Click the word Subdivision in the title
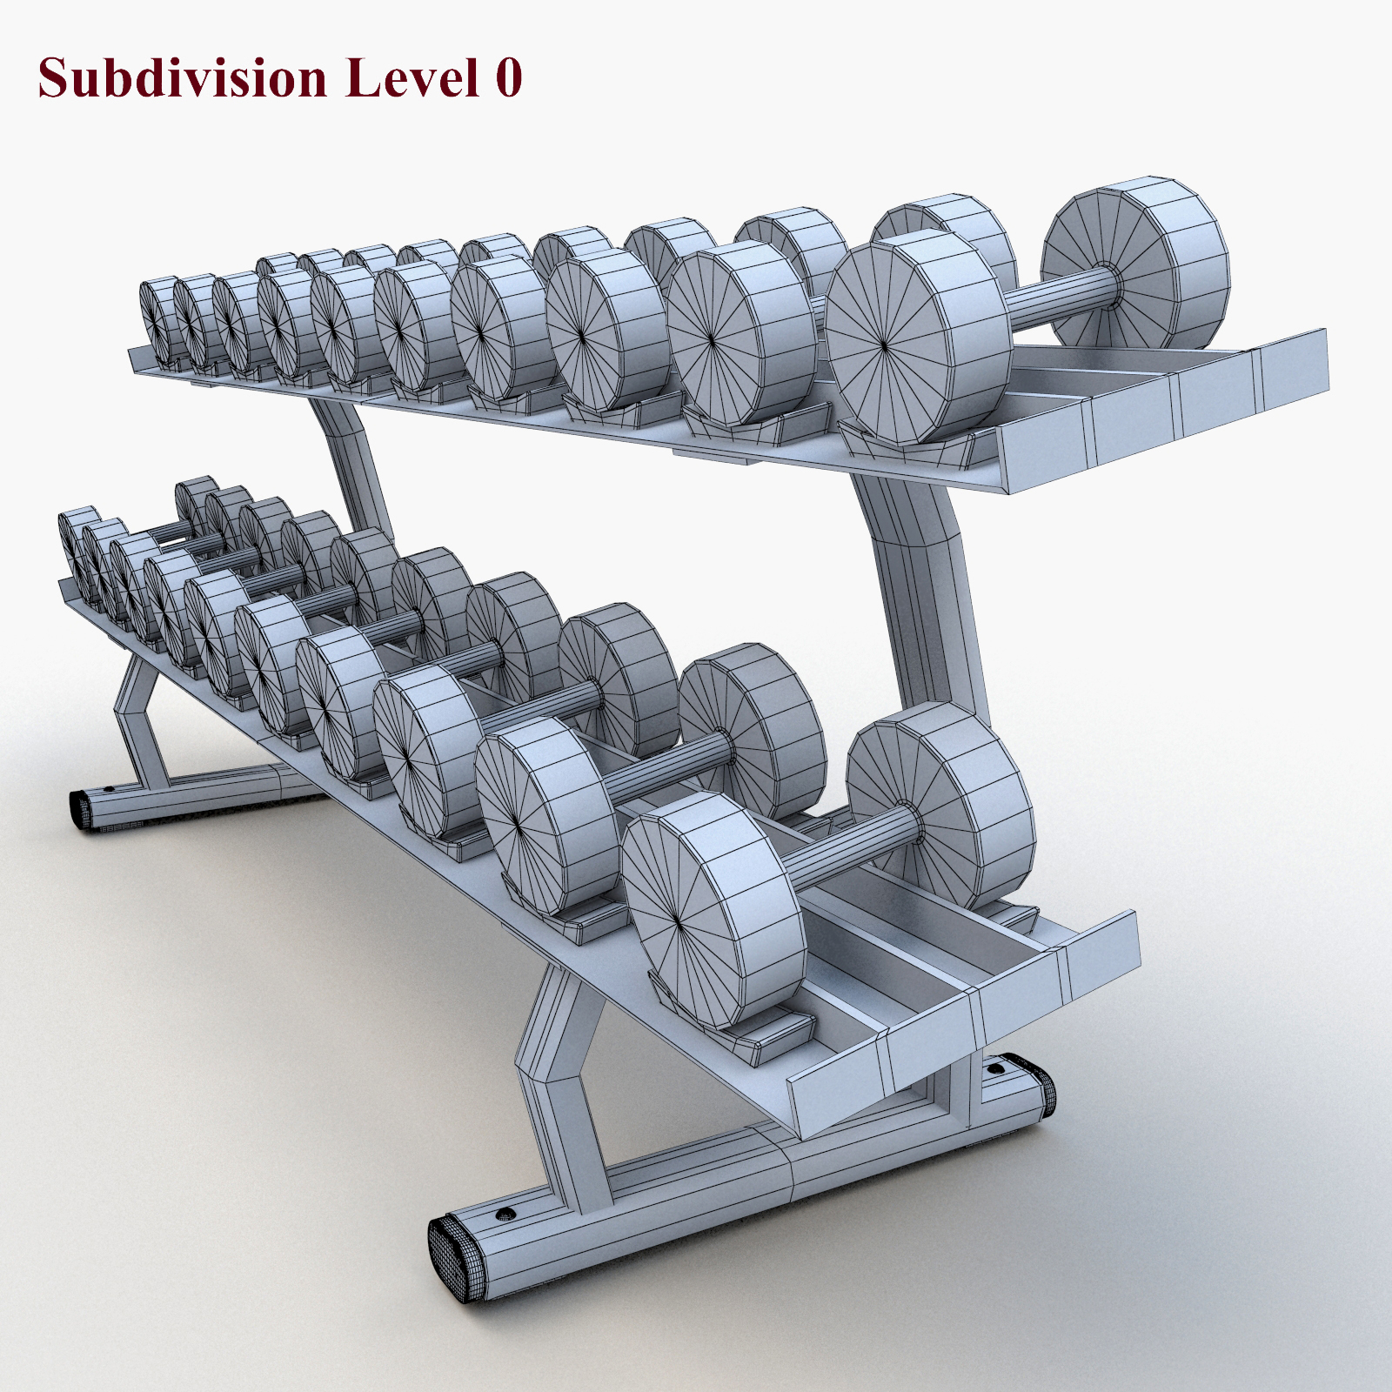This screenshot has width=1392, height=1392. click(x=183, y=78)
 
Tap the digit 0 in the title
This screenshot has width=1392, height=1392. click(x=509, y=78)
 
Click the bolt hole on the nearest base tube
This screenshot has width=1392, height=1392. click(x=503, y=1213)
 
